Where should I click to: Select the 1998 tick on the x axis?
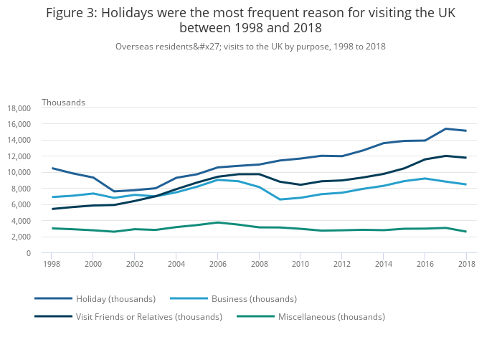click(51, 264)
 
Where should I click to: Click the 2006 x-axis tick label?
click(217, 264)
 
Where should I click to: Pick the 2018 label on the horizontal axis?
click(466, 264)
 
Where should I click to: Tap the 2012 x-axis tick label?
click(341, 264)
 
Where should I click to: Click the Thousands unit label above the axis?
click(63, 103)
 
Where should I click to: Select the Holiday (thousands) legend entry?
click(115, 298)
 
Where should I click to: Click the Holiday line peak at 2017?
click(445, 129)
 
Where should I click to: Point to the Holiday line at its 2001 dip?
click(113, 191)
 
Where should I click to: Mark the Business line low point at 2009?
click(280, 199)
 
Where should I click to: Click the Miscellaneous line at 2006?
click(217, 222)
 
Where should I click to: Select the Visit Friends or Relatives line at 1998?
click(52, 209)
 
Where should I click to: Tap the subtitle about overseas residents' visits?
click(250, 47)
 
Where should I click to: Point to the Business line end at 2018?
click(466, 184)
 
